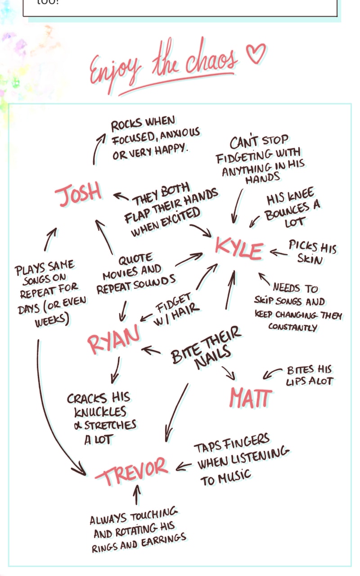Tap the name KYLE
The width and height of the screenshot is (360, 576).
[x=238, y=248]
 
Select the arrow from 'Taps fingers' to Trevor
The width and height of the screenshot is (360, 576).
[x=184, y=466]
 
